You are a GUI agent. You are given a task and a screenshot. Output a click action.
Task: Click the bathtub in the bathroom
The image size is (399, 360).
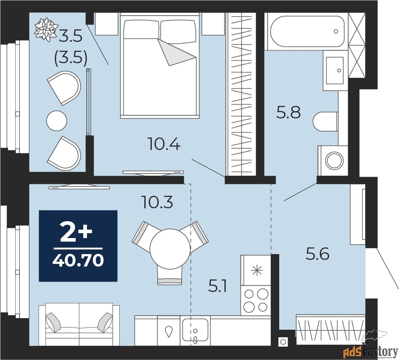click(x=307, y=32)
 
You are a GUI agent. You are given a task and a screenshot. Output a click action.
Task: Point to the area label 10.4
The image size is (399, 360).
click(x=164, y=144)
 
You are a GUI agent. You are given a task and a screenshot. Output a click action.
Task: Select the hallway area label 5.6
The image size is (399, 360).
click(x=318, y=254)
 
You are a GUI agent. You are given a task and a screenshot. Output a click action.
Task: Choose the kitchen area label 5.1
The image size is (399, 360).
click(x=217, y=286)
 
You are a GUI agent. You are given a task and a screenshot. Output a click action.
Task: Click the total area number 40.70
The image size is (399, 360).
click(x=78, y=260)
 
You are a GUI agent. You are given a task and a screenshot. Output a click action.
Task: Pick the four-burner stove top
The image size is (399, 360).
click(x=256, y=301)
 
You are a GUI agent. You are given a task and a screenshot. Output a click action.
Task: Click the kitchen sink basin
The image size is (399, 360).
click(x=195, y=330)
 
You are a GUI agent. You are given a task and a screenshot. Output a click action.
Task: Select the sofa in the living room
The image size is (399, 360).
click(x=79, y=324)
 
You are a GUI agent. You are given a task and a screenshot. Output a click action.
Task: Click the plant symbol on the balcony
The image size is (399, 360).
click(x=46, y=29)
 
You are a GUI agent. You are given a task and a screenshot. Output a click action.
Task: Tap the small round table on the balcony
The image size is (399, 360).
click(x=57, y=121)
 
